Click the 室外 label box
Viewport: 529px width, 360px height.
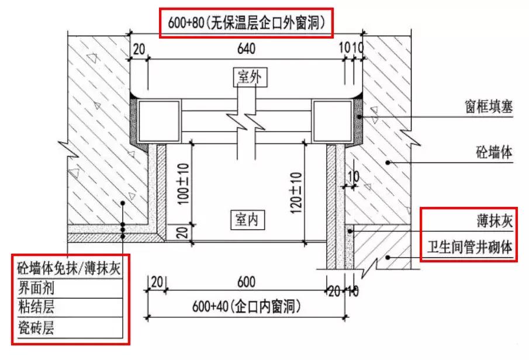coord(246,77)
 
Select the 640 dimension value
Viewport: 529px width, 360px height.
coord(247,50)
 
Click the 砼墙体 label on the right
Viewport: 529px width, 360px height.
coord(495,153)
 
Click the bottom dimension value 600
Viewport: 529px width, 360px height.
coord(246,283)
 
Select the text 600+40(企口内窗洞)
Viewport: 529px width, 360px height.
coord(246,306)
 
